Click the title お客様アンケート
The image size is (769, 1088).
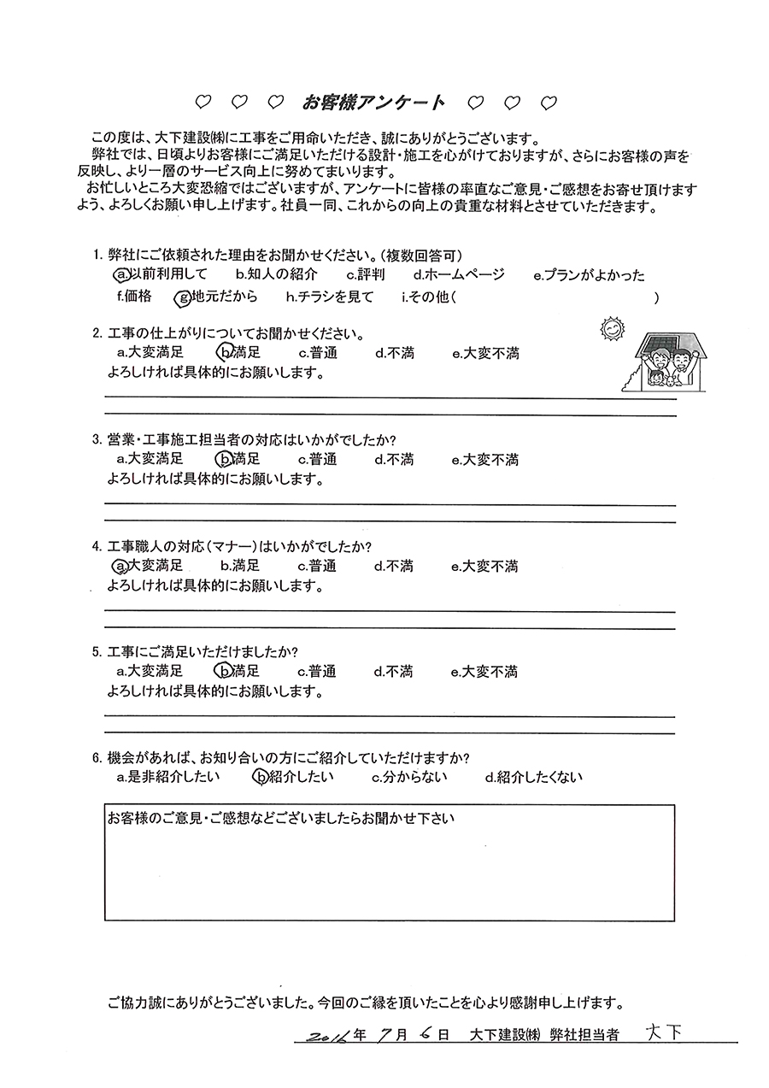click(x=373, y=103)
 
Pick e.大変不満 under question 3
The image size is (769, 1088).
click(x=484, y=460)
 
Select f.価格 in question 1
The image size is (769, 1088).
click(x=133, y=297)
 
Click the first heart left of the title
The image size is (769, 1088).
click(x=203, y=103)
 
